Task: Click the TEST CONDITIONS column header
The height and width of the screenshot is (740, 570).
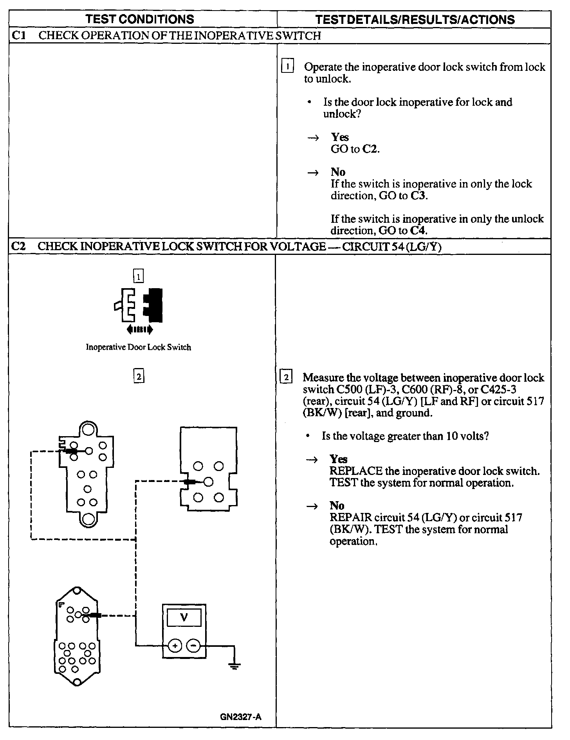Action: pyautogui.click(x=140, y=19)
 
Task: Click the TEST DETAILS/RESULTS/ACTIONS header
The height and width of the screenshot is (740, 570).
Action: pyautogui.click(x=415, y=20)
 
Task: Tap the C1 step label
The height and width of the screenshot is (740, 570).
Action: pyautogui.click(x=19, y=36)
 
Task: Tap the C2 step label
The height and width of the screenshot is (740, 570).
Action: pyautogui.click(x=18, y=246)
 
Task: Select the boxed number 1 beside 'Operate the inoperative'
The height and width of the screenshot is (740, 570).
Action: pyautogui.click(x=287, y=67)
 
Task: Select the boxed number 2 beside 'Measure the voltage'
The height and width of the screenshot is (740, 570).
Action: pyautogui.click(x=287, y=378)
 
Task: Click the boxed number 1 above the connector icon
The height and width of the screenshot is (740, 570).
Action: pyautogui.click(x=139, y=277)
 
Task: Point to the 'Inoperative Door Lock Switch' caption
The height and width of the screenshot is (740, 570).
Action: pyautogui.click(x=138, y=347)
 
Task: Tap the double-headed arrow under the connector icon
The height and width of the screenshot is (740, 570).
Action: pyautogui.click(x=140, y=330)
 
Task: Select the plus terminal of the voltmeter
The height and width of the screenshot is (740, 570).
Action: pyautogui.click(x=175, y=646)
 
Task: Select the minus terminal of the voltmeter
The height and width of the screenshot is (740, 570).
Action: pyautogui.click(x=193, y=646)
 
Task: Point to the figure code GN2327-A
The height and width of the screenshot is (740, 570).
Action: pyautogui.click(x=240, y=717)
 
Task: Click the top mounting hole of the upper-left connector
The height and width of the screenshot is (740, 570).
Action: pyautogui.click(x=88, y=430)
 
